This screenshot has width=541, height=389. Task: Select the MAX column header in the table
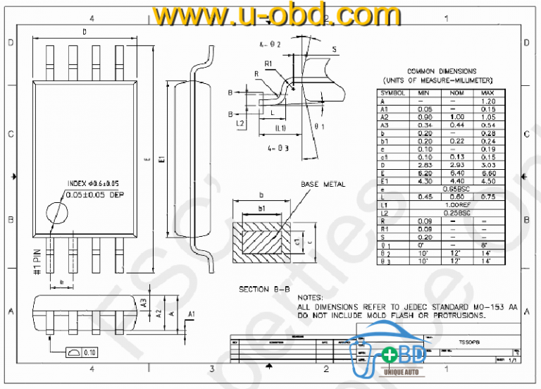[x=487, y=93]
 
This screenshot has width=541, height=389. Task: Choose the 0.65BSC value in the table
[x=456, y=190]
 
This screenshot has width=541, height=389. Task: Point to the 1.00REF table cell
[x=456, y=205]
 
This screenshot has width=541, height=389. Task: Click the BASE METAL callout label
[x=323, y=184]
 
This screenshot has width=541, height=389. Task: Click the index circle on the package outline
[x=56, y=214]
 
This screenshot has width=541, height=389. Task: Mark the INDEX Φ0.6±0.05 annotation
[x=93, y=183]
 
